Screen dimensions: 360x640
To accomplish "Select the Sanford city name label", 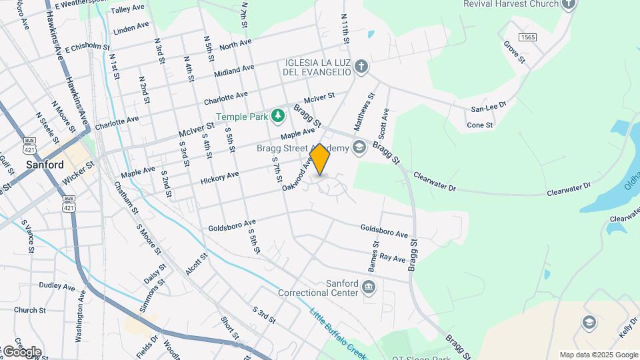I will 45,165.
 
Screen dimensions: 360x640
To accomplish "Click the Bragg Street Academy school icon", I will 360,147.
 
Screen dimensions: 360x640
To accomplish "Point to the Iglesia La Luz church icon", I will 361,66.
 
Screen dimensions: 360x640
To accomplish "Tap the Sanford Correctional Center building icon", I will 369,288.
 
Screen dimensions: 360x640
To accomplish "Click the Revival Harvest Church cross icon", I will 568,5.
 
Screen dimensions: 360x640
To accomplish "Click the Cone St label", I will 479,125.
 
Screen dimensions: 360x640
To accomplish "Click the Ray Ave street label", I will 392,257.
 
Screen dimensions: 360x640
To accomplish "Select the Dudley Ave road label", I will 57,285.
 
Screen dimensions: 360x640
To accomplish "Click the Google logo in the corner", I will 21,351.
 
